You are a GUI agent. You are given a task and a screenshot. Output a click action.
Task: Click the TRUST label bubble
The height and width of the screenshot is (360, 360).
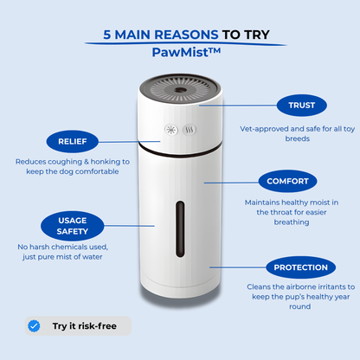click(x=302, y=106)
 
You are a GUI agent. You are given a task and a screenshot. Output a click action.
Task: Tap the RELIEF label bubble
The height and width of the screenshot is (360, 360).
click(x=73, y=141)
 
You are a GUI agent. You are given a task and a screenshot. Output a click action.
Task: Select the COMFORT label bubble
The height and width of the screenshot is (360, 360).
click(x=287, y=181)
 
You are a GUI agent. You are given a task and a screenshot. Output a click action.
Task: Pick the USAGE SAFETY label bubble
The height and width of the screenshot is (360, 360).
click(x=72, y=226)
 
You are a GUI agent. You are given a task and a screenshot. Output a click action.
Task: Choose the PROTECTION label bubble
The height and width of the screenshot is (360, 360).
click(x=300, y=267)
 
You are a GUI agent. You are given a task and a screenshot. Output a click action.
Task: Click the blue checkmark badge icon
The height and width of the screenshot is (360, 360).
click(x=34, y=326)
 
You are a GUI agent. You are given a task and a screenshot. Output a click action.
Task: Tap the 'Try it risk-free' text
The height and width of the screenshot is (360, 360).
click(x=85, y=326)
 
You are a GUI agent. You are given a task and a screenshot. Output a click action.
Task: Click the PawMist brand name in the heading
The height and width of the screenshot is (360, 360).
click(x=186, y=52)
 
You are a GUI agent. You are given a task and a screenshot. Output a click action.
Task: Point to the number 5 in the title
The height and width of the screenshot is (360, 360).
click(x=107, y=35)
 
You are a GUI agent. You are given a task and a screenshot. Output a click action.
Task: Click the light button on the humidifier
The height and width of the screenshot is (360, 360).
click(x=171, y=130)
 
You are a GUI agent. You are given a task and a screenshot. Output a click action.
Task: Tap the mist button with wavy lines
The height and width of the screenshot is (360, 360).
click(x=190, y=130)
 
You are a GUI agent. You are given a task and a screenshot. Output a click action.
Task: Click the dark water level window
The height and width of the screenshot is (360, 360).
click(x=180, y=229)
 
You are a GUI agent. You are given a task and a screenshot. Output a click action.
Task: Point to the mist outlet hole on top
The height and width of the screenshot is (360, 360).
click(x=180, y=90)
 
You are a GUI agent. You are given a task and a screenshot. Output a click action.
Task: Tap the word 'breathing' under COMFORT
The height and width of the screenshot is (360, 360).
click(x=292, y=222)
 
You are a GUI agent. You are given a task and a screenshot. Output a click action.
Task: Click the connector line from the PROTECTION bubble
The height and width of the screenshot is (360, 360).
click(x=238, y=267)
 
